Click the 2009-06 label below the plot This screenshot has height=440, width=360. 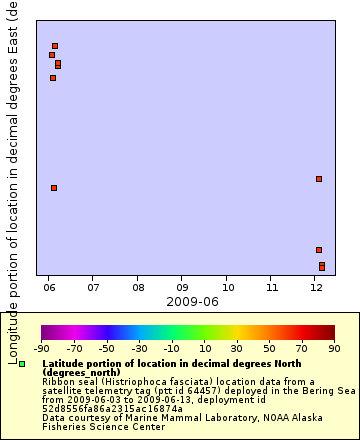191,301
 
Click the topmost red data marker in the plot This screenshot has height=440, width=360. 55,46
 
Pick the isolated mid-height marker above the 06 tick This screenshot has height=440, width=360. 54,188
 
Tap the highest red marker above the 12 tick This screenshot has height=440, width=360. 319,179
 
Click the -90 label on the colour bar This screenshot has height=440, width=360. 41,348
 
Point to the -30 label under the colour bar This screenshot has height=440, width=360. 139,348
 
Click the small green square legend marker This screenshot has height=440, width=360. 22,365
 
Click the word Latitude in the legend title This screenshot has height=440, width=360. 67,363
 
